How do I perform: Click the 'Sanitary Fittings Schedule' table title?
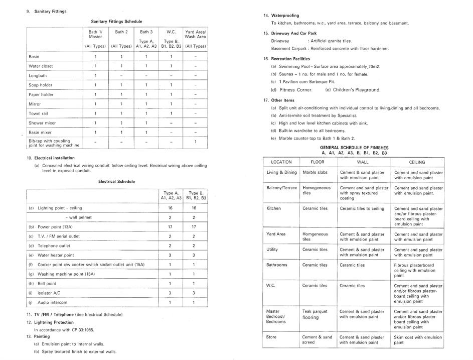pyautogui.click(x=116, y=22)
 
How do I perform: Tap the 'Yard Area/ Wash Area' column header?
pyautogui.click(x=195, y=34)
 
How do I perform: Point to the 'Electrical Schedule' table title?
pyautogui.click(x=116, y=181)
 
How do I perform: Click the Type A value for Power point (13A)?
pyautogui.click(x=170, y=227)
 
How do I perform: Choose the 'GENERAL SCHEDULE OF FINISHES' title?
pyautogui.click(x=354, y=148)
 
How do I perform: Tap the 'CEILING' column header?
pyautogui.click(x=417, y=162)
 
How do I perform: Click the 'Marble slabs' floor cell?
pyautogui.click(x=315, y=172)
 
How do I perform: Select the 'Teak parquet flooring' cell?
pyautogui.click(x=315, y=314)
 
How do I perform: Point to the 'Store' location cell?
pyautogui.click(x=271, y=337)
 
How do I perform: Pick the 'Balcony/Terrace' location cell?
pyautogui.click(x=281, y=188)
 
